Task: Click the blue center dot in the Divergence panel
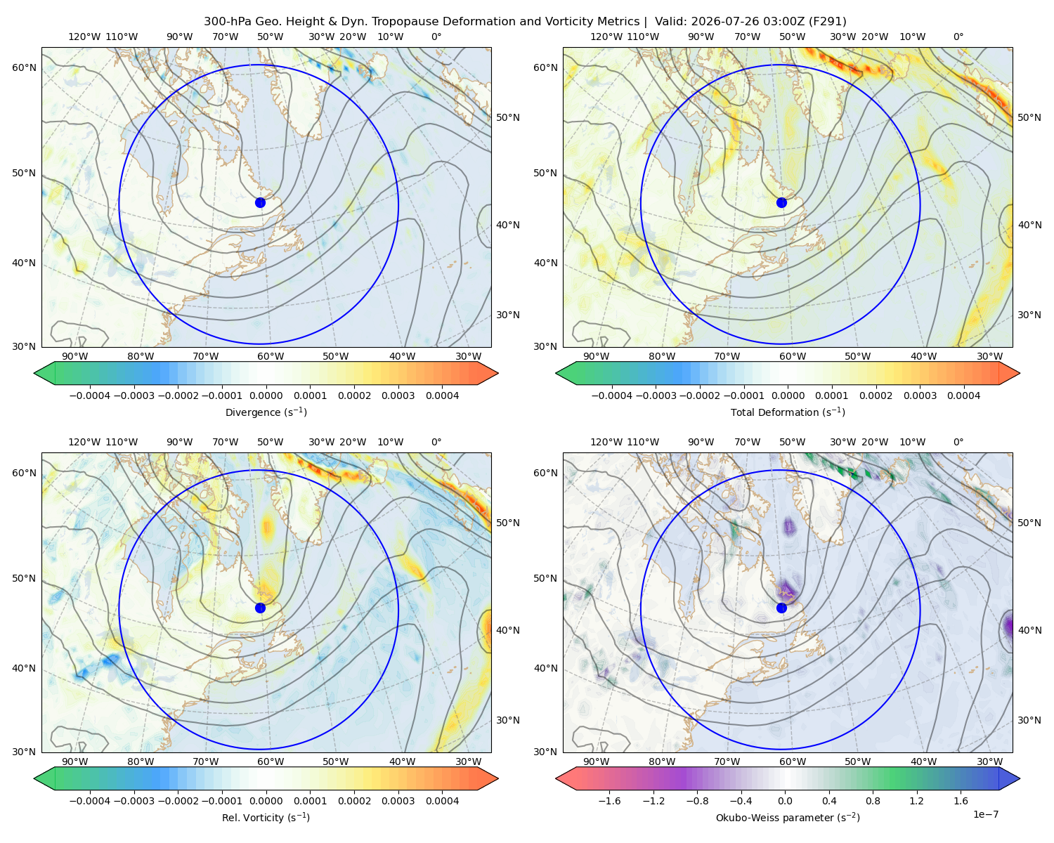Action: (260, 202)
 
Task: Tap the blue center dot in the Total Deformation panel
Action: (781, 202)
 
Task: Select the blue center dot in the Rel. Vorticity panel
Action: (260, 608)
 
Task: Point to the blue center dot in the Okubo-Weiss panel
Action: (781, 608)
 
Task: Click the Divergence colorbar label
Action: (266, 412)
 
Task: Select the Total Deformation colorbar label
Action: (788, 412)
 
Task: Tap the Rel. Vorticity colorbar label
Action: (266, 818)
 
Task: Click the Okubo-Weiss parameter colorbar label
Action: (788, 818)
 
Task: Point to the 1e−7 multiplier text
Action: (985, 814)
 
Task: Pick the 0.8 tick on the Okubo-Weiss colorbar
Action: (873, 801)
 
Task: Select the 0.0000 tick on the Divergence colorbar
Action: (266, 396)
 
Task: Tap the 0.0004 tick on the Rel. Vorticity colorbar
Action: (442, 801)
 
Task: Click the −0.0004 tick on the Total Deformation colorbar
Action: (612, 396)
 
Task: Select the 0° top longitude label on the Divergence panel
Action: (436, 37)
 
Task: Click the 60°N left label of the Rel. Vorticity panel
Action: (24, 473)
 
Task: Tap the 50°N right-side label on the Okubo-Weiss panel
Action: (1029, 523)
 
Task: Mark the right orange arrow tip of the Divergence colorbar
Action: (497, 373)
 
